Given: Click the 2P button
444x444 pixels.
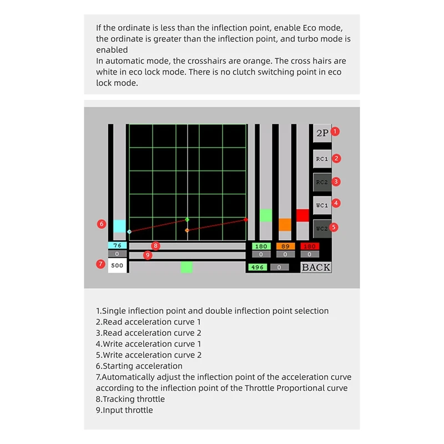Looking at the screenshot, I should [322, 133].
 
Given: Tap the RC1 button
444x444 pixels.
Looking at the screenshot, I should [322, 159].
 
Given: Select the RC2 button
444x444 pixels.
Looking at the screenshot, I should [322, 182].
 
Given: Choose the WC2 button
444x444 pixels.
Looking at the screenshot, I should [322, 228].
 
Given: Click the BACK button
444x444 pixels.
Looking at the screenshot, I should [316, 267].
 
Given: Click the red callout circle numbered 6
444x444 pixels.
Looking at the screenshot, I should [101, 224].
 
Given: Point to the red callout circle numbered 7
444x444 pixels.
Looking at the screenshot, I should [100, 264].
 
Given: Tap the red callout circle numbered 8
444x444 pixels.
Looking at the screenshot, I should [155, 245].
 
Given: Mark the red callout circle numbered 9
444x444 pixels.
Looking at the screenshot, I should [148, 255].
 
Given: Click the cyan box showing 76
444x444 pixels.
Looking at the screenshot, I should [117, 246].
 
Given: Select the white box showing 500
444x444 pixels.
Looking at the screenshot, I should [117, 265].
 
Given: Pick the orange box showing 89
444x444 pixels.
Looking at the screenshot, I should [285, 246].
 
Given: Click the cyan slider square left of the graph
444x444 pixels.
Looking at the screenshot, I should [119, 226].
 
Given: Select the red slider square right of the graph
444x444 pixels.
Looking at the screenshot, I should [302, 215].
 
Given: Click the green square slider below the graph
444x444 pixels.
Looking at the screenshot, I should [186, 267].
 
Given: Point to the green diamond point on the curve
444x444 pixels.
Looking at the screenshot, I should [187, 220].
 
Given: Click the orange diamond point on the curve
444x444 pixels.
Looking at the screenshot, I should [187, 230].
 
